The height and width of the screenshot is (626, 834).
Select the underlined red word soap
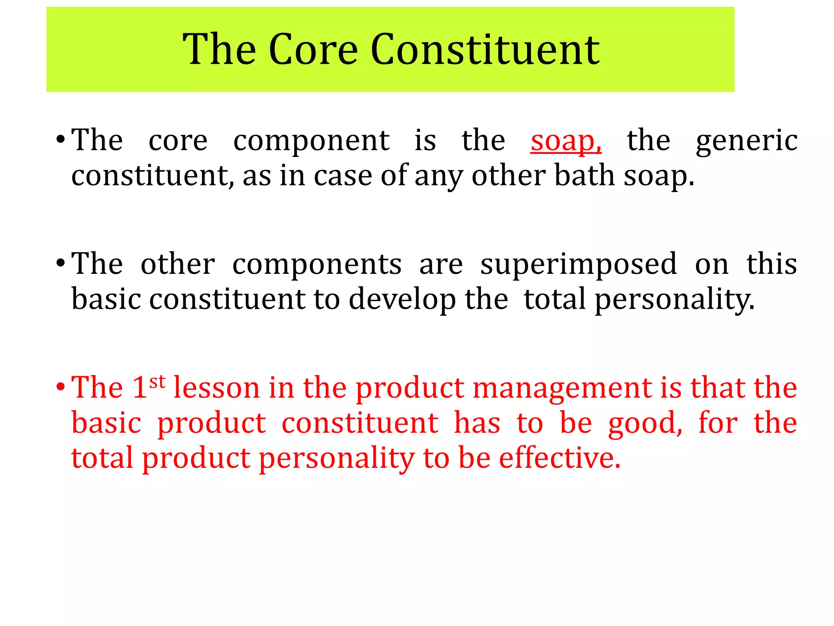565,141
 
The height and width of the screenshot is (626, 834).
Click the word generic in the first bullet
746,141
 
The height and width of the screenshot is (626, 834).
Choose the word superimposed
578,264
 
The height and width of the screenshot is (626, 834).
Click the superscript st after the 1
157,382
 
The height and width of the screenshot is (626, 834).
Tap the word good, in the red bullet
645,424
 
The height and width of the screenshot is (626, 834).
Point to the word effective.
560,458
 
